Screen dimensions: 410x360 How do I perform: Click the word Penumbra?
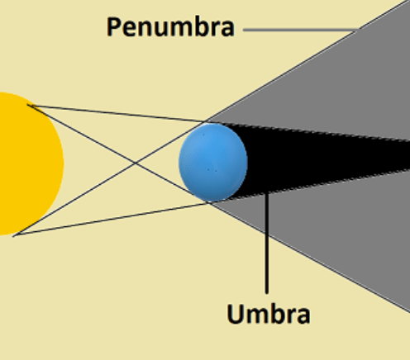(170, 26)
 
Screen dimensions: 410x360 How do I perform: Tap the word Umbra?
(269, 314)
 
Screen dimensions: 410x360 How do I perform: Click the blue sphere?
(213, 163)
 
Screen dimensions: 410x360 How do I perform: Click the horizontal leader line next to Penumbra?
(301, 30)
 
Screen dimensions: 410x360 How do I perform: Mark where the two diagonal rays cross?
(136, 163)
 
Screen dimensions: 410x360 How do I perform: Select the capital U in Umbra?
(235, 314)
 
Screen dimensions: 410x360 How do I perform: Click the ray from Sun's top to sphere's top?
(118, 113)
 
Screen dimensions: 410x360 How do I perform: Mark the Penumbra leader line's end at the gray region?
(359, 30)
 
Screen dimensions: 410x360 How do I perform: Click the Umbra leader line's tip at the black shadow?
(266, 193)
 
